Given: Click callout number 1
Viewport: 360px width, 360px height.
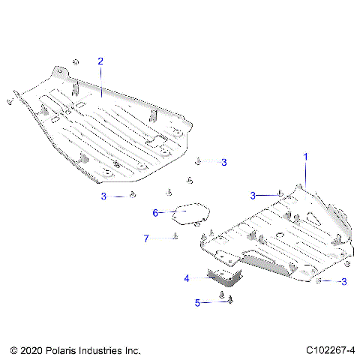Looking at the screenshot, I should click(305, 156).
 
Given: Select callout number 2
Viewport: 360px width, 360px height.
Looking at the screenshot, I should click(100, 61).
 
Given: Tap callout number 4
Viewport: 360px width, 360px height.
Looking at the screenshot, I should click(187, 277).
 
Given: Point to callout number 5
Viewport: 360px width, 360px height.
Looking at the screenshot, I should click(198, 303).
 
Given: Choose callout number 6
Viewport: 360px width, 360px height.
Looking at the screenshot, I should click(156, 213).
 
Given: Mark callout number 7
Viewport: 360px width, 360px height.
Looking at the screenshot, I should click(147, 238).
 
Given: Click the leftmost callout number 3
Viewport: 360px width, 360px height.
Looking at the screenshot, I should click(104, 196).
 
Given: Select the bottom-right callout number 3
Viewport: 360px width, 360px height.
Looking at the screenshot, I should click(343, 282).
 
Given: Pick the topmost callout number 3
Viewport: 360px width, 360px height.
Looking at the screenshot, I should click(223, 161).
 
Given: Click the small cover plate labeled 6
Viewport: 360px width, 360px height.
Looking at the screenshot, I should click(189, 212).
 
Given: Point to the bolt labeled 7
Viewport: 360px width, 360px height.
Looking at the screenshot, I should click(175, 237).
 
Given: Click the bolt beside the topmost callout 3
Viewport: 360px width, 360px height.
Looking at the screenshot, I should click(198, 160).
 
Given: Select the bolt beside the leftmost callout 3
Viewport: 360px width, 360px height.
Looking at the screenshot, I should click(132, 196).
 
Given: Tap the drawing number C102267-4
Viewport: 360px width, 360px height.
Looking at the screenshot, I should click(331, 349).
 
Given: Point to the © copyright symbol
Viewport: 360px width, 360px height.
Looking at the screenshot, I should click(13, 349).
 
